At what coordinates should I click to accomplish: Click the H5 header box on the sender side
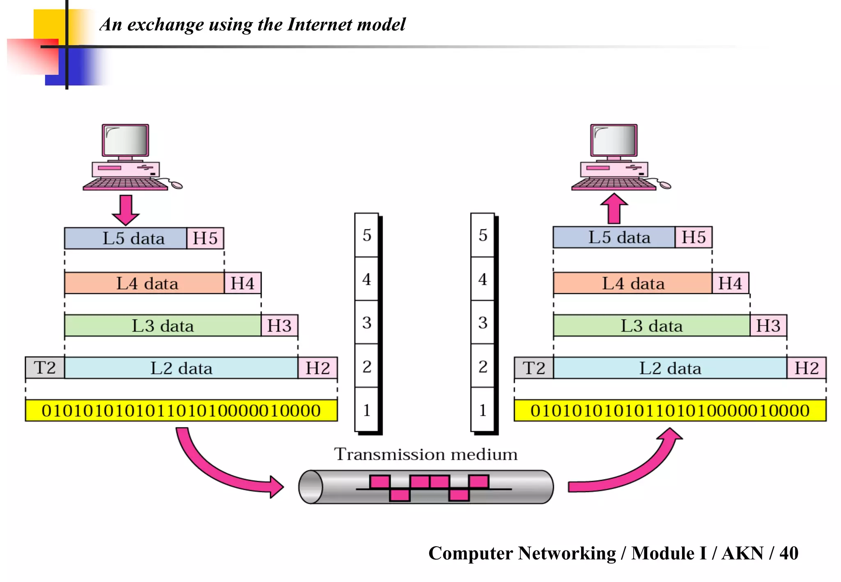tap(205, 238)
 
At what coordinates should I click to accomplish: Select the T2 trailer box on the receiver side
tap(533, 368)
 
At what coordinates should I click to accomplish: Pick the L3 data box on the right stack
tap(651, 326)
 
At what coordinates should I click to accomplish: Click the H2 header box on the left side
tap(317, 368)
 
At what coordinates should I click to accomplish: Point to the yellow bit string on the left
tap(181, 410)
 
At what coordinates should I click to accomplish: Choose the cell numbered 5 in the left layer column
tap(367, 235)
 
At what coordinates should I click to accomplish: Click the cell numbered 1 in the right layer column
tap(483, 410)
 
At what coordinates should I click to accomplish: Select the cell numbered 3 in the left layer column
tap(367, 323)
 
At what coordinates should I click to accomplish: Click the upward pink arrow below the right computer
tap(614, 208)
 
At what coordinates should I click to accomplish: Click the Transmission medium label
tap(425, 454)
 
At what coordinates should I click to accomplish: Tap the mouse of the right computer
tap(666, 186)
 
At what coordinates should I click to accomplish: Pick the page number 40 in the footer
tap(788, 553)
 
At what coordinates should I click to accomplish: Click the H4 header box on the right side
tap(730, 283)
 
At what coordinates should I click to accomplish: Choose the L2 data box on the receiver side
tap(670, 368)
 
